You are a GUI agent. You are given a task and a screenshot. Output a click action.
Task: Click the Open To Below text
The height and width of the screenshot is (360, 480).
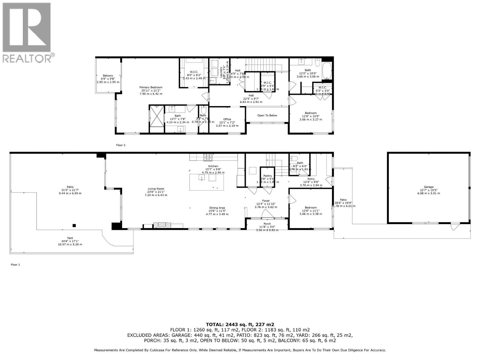coord(267,115)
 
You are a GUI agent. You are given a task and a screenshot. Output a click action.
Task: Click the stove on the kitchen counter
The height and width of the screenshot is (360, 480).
coord(208,156)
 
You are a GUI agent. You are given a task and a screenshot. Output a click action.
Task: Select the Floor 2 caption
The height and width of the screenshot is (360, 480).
coord(121,145)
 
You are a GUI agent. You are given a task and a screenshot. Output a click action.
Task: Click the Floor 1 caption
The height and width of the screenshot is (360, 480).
coord(15,265)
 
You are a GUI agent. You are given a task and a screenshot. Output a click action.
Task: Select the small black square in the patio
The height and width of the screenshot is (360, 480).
coord(74,226)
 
